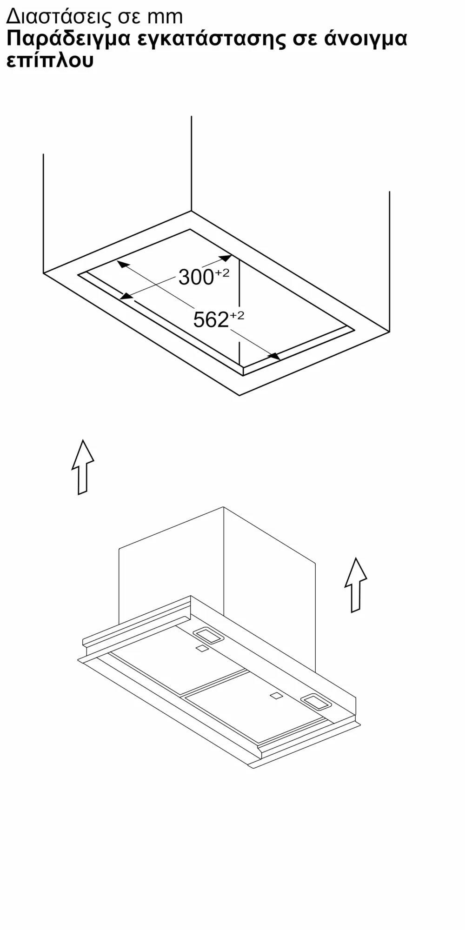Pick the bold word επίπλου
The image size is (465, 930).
[x=50, y=61]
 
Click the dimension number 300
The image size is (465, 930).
[x=196, y=278]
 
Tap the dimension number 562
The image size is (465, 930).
[x=211, y=320]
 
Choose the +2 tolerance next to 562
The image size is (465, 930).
[x=237, y=316]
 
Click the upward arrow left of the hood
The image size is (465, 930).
[x=83, y=467]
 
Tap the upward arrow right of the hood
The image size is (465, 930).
[x=356, y=585]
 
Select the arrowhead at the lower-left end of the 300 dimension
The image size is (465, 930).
[x=126, y=295]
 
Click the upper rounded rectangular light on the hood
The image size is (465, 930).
[x=208, y=636]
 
